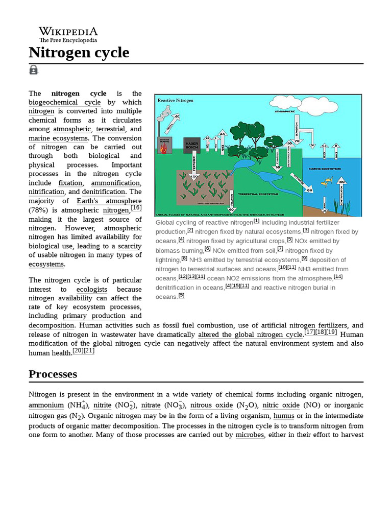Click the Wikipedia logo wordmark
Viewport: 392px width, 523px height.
tap(68, 32)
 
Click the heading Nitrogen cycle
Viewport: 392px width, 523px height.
tap(79, 53)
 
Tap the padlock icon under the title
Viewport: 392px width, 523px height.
tap(34, 70)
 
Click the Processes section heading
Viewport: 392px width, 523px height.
tap(53, 374)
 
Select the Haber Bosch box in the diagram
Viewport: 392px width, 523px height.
tap(192, 145)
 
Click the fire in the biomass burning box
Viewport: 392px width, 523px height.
tap(164, 148)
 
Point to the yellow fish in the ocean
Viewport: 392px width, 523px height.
tap(327, 181)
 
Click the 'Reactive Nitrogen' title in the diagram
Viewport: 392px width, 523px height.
tap(176, 101)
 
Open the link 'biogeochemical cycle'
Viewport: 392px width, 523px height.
tap(64, 102)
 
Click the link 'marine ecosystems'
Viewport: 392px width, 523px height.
tap(58, 138)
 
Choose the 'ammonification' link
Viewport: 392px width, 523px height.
tap(116, 183)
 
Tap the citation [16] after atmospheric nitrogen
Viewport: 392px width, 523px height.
tap(136, 208)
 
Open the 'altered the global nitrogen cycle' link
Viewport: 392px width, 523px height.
tap(250, 335)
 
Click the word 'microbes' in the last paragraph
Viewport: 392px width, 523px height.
tap(250, 435)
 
